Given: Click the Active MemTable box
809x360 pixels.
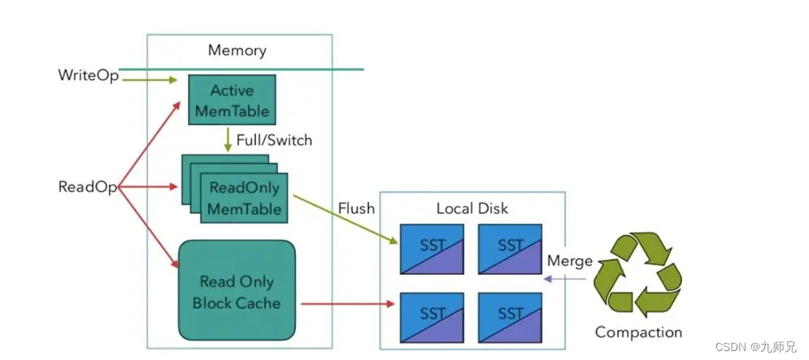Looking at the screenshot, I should (230, 100).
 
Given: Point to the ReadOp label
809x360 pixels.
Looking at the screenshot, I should (87, 187).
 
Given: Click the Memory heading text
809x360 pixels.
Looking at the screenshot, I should (237, 50).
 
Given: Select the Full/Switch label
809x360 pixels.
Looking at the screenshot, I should (274, 140).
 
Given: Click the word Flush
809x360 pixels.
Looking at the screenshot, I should (356, 208).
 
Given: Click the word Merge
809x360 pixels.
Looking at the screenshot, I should (570, 262).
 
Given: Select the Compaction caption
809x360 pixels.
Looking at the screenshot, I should (638, 332).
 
